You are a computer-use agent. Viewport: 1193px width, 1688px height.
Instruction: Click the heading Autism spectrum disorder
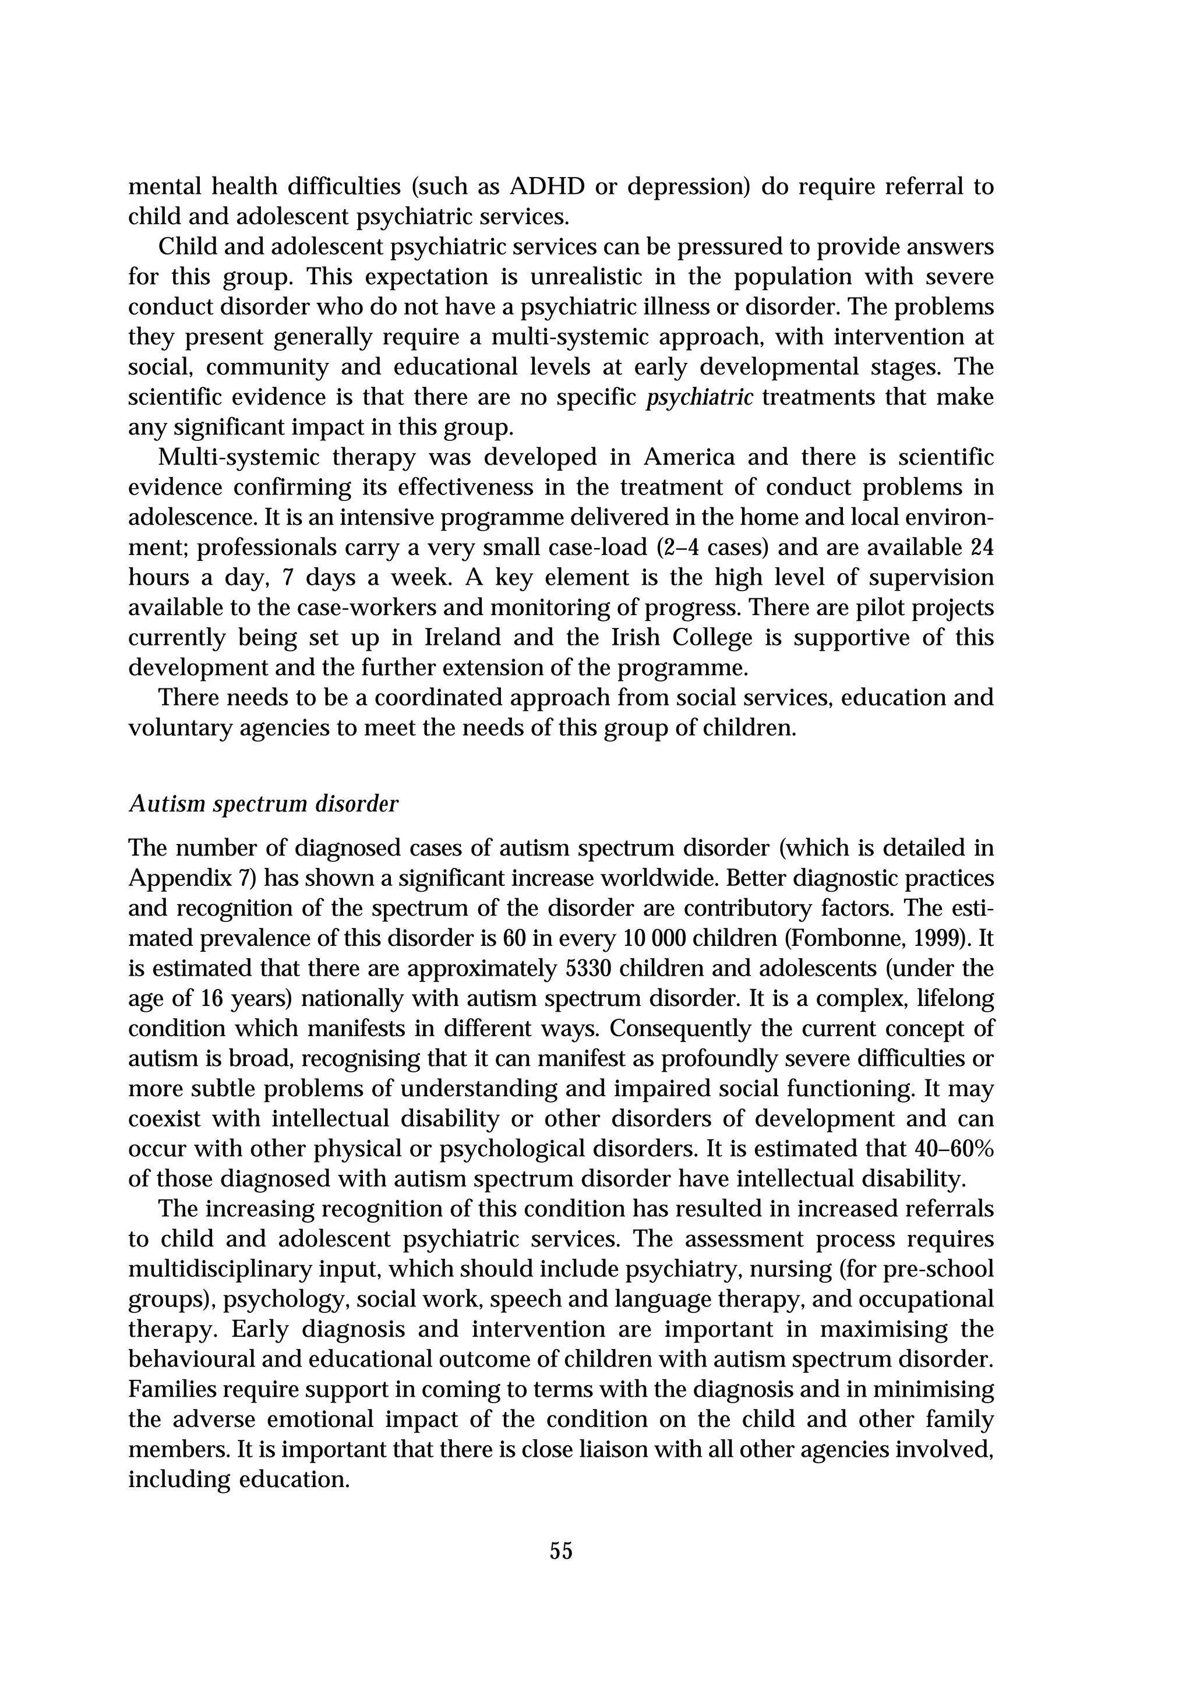point(263,804)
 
